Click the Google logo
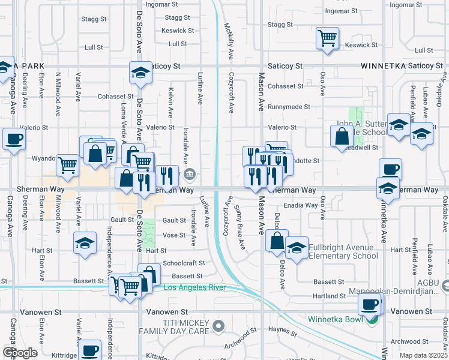20,353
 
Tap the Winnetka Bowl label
337,319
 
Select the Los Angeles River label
194,288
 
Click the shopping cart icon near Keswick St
327,39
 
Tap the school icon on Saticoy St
141,73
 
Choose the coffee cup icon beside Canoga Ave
14,140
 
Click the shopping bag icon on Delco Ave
277,242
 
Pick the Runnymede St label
289,107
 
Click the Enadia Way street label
301,205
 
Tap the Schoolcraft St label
184,263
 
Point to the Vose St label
173,235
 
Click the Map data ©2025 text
424,355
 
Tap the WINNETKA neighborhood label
384,65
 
